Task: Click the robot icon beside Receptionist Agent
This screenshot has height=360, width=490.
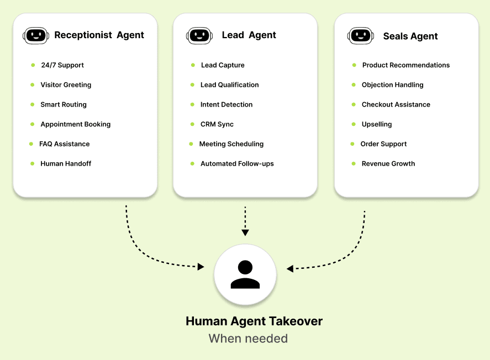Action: (36, 35)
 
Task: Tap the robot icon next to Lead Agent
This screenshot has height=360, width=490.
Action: (199, 35)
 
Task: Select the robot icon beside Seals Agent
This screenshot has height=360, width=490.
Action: (361, 35)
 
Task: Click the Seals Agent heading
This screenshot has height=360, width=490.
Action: (410, 36)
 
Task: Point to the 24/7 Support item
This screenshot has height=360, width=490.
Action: (62, 65)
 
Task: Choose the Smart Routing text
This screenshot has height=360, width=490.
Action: (64, 104)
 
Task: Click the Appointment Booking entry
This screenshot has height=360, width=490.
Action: (76, 124)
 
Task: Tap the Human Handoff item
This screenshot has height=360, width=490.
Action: (66, 163)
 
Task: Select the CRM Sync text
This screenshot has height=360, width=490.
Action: (217, 124)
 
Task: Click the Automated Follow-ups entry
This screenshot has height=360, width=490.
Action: (237, 163)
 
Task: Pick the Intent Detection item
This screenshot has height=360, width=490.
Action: (226, 104)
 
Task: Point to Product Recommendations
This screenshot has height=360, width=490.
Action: (406, 65)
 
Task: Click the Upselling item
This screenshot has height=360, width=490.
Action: (377, 124)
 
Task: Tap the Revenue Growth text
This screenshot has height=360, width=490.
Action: (388, 163)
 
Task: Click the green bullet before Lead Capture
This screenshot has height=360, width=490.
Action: (193, 65)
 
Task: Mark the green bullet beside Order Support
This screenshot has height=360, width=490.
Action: (352, 144)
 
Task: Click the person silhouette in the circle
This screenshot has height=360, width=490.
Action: (245, 274)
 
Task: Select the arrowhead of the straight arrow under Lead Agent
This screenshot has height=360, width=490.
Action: (245, 232)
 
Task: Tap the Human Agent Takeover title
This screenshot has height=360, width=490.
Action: (254, 321)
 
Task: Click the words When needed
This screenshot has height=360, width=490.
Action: (248, 338)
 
